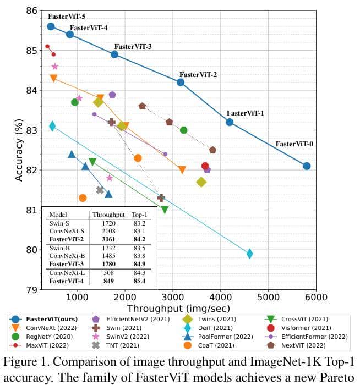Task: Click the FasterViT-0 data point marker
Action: [x=307, y=166]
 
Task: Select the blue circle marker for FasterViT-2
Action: [x=181, y=82]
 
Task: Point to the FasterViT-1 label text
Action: [x=245, y=113]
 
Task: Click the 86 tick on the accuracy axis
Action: [x=32, y=10]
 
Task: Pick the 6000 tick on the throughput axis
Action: [x=315, y=298]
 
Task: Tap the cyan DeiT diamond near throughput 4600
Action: [x=249, y=254]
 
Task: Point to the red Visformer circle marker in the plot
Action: [x=205, y=166]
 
